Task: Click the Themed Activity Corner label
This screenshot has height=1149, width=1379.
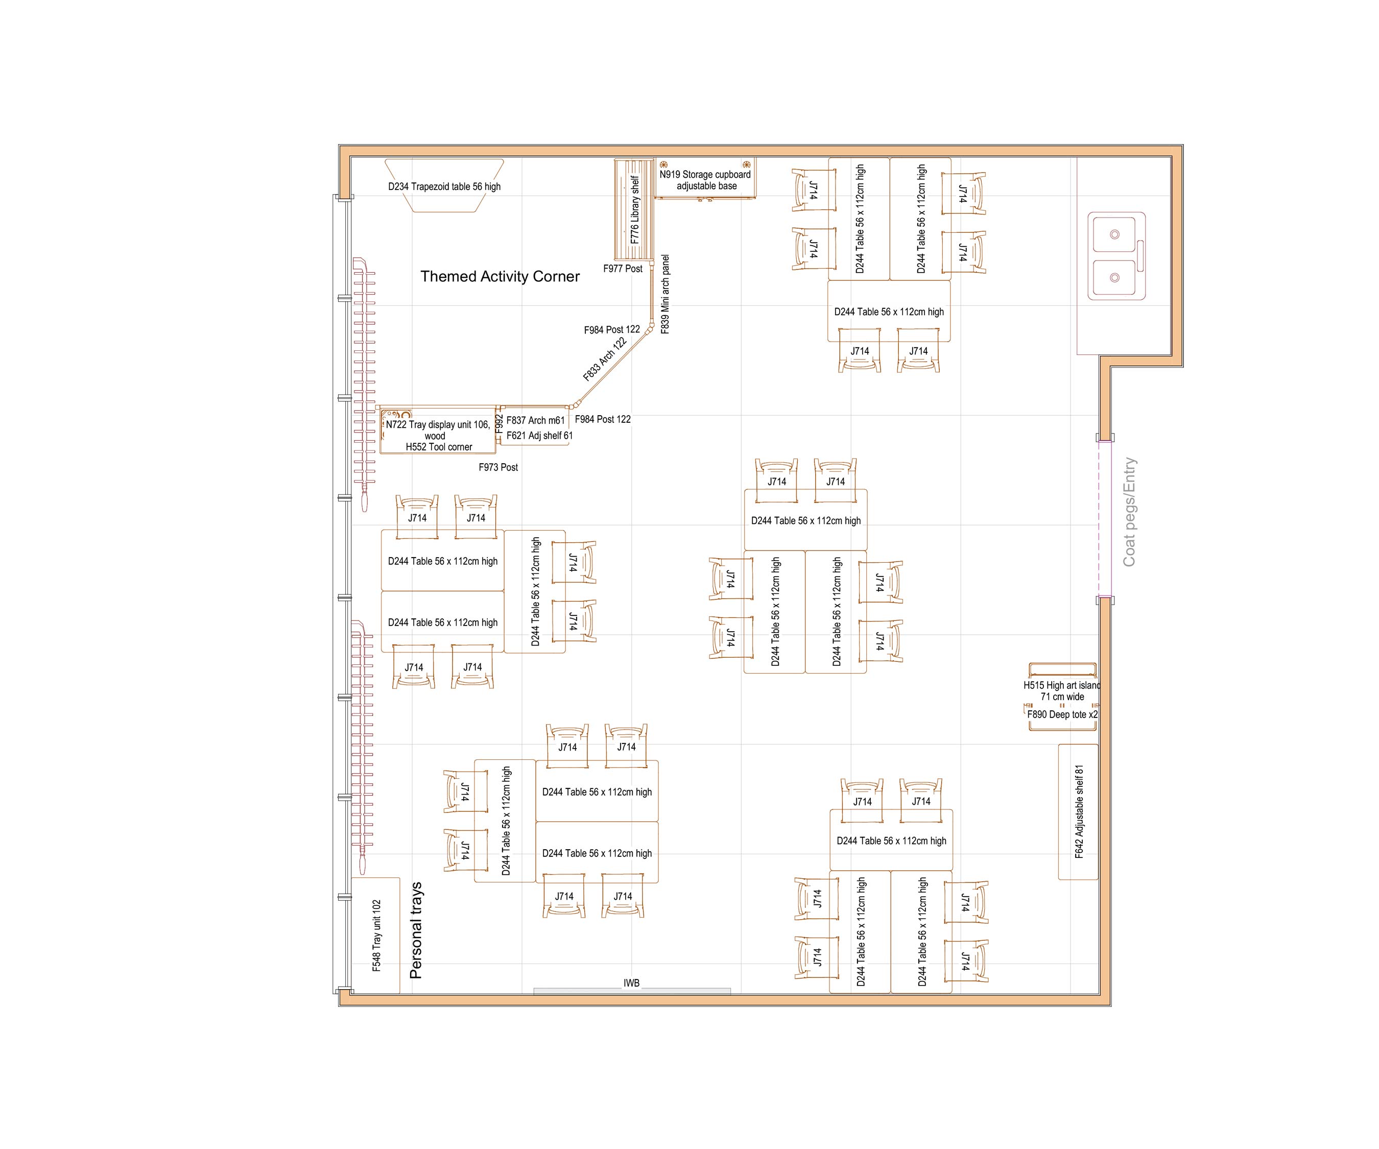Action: [x=500, y=276]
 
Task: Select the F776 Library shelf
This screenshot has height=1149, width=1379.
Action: [x=634, y=209]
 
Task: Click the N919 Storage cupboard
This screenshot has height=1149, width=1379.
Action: [x=705, y=179]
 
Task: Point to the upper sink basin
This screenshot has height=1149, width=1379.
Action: [x=1114, y=234]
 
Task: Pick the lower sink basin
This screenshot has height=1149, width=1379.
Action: [x=1114, y=278]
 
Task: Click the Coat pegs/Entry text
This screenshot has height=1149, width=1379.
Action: [x=1129, y=512]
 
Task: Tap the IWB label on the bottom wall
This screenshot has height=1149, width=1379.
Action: [x=631, y=983]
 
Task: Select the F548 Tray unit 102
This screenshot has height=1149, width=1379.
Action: [x=375, y=935]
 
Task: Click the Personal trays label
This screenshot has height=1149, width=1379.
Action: [x=416, y=930]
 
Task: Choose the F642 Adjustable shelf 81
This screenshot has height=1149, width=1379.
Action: [x=1078, y=811]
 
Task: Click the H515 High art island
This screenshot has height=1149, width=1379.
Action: [x=1062, y=685]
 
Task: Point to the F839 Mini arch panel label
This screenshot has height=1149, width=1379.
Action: [x=665, y=294]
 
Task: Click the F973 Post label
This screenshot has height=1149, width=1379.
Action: [x=498, y=467]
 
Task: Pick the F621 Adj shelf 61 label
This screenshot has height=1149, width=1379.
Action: [x=539, y=435]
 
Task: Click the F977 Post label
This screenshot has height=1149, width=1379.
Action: [x=623, y=269]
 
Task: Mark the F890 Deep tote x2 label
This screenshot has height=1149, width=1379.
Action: [x=1062, y=714]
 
